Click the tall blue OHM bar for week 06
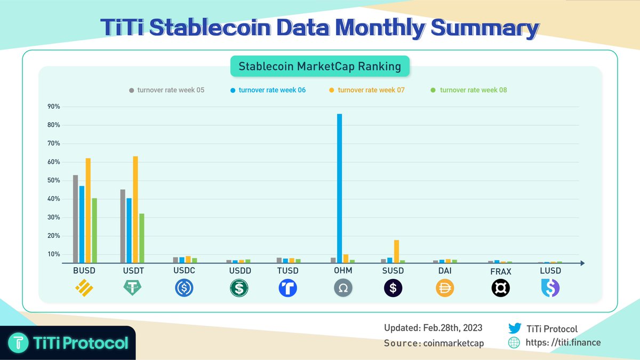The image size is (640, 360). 339,188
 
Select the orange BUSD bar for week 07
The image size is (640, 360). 88,210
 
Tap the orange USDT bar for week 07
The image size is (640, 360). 135,209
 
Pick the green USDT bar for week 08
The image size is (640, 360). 141,238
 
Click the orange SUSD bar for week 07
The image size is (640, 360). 396,251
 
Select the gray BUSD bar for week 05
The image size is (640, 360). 76,219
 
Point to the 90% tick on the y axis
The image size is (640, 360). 53,107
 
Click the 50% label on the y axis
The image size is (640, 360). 53,180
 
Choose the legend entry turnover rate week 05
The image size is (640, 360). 166,90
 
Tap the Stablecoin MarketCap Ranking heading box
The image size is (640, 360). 319,67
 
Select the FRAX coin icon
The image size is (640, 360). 500,289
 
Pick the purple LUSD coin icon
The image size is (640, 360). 550,289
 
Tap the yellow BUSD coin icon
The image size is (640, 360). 84,289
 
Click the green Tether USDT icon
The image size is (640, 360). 132,289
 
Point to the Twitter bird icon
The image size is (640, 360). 515,329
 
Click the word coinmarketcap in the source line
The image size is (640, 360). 453,343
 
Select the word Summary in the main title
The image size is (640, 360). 484,28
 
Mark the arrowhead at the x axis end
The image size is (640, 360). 582,263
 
